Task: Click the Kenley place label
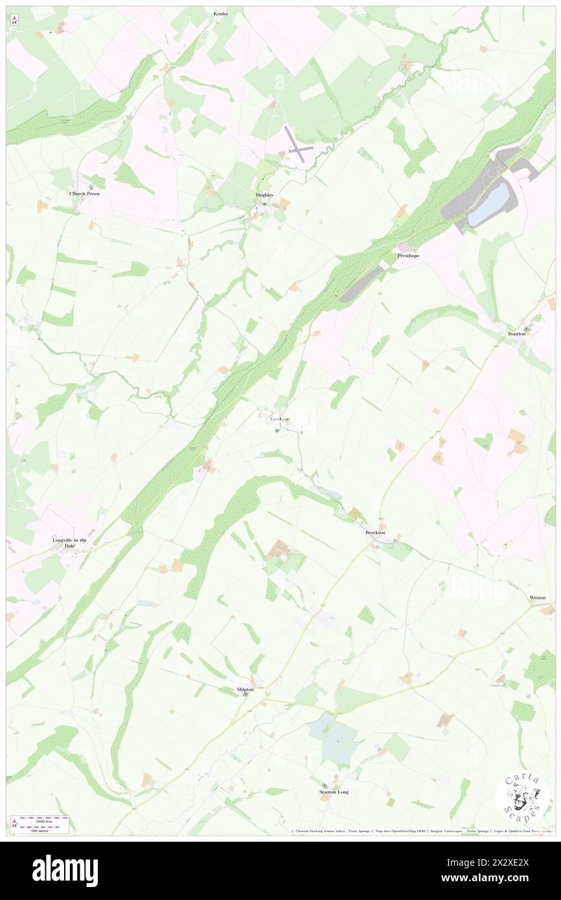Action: click(x=221, y=13)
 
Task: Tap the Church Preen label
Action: click(x=85, y=194)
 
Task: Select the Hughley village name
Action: click(x=264, y=195)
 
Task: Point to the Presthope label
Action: click(x=408, y=256)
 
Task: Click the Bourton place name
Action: click(x=516, y=333)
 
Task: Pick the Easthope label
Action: click(x=279, y=419)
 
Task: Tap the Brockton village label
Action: click(x=375, y=532)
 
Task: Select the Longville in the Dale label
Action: click(x=69, y=543)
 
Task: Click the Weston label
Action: click(x=538, y=598)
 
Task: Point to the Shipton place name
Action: click(x=246, y=690)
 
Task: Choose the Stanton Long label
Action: click(x=334, y=792)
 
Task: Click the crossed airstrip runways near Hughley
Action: click(x=297, y=144)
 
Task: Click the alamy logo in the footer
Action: click(x=65, y=871)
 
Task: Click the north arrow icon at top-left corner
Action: click(x=14, y=19)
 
